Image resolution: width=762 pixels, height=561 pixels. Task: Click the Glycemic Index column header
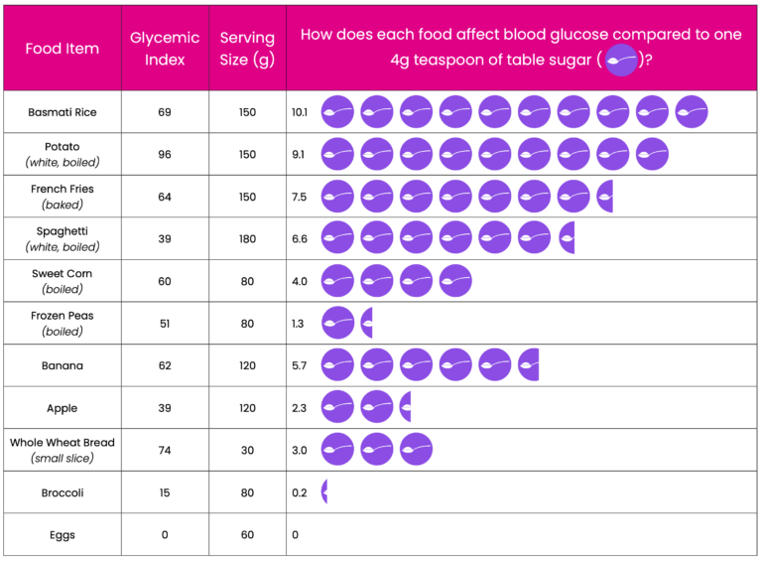coord(165,48)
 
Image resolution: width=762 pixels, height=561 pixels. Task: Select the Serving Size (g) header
coord(247,48)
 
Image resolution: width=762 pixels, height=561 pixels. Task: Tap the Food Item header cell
coord(63,48)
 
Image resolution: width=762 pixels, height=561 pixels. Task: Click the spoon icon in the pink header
coord(621,60)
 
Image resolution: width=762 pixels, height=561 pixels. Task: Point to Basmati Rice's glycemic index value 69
coord(165,112)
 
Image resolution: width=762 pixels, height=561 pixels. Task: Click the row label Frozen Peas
coord(63,316)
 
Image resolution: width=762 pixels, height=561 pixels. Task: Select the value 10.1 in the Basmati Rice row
coord(300,112)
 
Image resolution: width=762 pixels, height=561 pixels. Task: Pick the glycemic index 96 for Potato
coord(165,154)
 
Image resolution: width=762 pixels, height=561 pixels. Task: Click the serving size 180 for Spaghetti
coord(247,238)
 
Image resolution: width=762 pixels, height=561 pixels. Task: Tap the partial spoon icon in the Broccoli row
coord(324,491)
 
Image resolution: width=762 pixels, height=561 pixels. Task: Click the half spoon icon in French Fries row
coord(605,197)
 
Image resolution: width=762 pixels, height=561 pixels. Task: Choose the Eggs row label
coord(63,535)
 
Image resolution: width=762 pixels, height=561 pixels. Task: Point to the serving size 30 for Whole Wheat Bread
coord(247,450)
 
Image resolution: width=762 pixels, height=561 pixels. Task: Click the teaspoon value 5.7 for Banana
coord(300,365)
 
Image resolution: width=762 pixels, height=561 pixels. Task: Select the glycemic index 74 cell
coord(165,450)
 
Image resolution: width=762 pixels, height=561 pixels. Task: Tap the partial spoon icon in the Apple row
coord(406,406)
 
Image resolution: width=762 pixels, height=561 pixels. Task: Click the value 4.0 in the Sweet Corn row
coord(300,281)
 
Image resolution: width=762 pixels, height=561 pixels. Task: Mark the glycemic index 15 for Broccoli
coord(165,492)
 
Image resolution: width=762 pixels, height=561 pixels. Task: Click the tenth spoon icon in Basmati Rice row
coord(692,112)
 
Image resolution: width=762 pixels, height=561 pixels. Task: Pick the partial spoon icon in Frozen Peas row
coord(367,323)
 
